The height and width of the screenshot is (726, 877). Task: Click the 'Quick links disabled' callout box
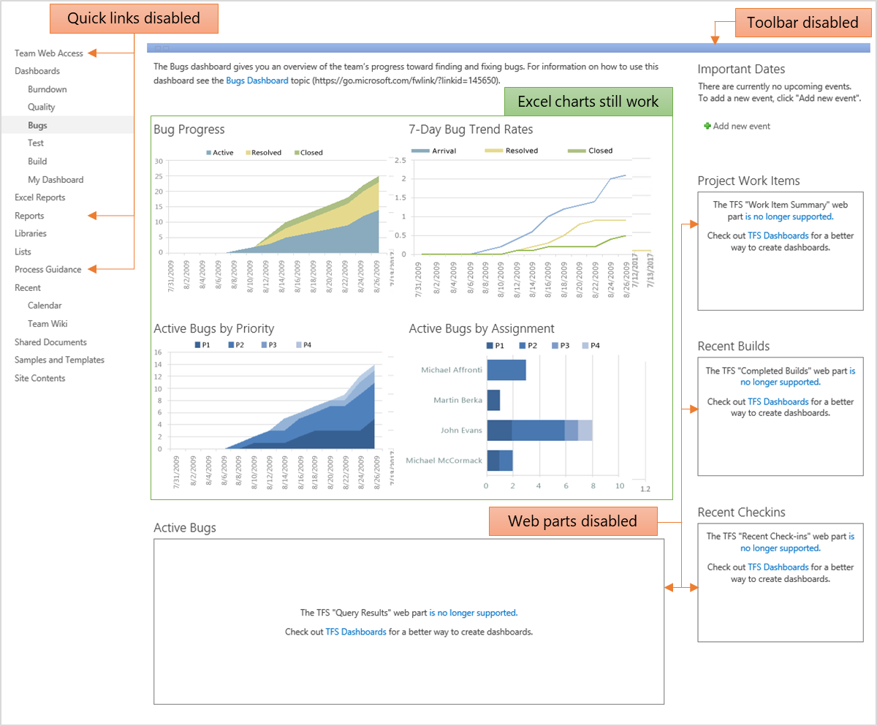click(x=134, y=18)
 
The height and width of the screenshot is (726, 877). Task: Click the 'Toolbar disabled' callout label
click(x=802, y=22)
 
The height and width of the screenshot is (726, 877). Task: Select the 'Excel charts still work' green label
click(x=588, y=102)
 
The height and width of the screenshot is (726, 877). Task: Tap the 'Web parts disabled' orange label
click(x=572, y=521)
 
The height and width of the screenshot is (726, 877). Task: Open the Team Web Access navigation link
click(x=49, y=53)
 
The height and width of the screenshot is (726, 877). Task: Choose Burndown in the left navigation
click(x=48, y=89)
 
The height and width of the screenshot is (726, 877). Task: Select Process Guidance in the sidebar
click(x=48, y=269)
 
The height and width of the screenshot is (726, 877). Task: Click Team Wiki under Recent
click(x=48, y=323)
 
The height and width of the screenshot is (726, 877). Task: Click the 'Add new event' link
click(x=741, y=126)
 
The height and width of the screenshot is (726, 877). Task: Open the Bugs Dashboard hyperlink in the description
click(x=257, y=80)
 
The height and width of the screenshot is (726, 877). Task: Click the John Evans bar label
click(x=461, y=431)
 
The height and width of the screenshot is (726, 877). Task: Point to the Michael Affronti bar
click(x=506, y=370)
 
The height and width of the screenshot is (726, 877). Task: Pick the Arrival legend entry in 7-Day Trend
click(x=444, y=151)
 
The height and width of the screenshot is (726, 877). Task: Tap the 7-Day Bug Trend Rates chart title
click(x=471, y=129)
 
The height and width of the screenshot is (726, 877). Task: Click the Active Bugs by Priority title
click(x=213, y=328)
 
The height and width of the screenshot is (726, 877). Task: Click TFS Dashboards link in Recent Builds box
click(x=778, y=401)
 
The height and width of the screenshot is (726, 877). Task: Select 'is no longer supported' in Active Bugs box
click(x=473, y=613)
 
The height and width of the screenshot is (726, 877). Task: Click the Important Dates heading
click(x=741, y=69)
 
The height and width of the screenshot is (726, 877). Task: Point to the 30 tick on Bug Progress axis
click(x=158, y=161)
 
